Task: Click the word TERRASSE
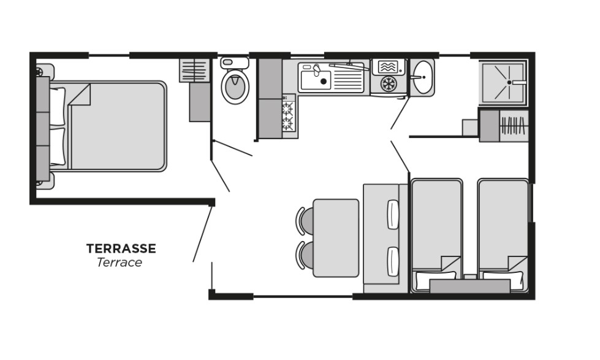click(121, 248)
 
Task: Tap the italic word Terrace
click(120, 262)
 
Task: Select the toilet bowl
click(235, 86)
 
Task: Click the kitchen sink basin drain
click(324, 81)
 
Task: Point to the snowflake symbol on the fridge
click(389, 84)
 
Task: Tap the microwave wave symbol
click(387, 67)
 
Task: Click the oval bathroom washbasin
click(423, 77)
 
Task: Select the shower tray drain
click(509, 82)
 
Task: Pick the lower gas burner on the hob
click(288, 123)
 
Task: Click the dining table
click(336, 238)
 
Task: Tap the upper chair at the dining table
click(305, 221)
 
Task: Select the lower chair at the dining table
click(305, 255)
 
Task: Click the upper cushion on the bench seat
click(393, 215)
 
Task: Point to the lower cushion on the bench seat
click(393, 262)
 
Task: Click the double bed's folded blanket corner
click(80, 94)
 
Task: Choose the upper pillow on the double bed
click(58, 106)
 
